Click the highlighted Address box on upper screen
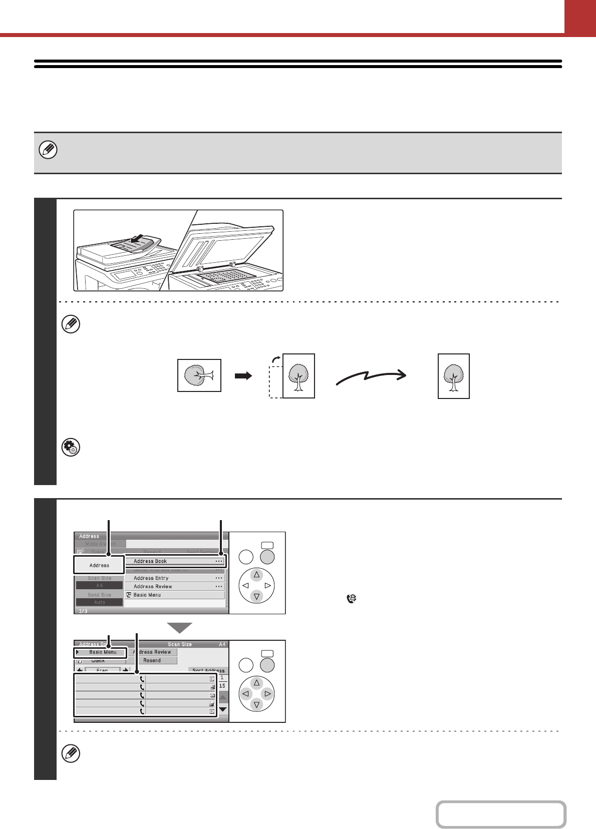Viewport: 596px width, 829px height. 99,565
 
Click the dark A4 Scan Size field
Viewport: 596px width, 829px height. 99,585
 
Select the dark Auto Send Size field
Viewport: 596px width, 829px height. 99,602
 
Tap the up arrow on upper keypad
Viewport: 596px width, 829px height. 256,575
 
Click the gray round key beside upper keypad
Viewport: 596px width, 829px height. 267,557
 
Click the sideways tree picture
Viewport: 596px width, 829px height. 199,375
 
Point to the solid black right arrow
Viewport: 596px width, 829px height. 243,376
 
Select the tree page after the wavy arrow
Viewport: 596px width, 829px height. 453,376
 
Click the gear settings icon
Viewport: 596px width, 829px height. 71,448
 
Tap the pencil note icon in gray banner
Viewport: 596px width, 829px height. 48,150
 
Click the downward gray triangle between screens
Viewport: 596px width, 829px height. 179,627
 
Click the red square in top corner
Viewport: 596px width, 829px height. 580,17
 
